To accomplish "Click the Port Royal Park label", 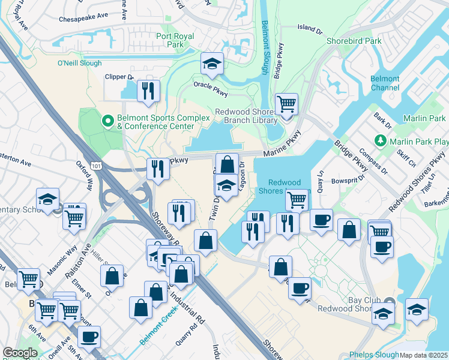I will (175, 40).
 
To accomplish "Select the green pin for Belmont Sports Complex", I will (108, 122).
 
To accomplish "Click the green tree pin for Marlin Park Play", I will (379, 141).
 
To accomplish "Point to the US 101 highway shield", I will (95, 164).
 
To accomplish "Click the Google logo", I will (20, 353).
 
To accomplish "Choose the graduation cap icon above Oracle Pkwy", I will (211, 63).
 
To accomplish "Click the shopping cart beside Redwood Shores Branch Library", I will (287, 104).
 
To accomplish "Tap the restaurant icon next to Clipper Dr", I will (148, 91).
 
